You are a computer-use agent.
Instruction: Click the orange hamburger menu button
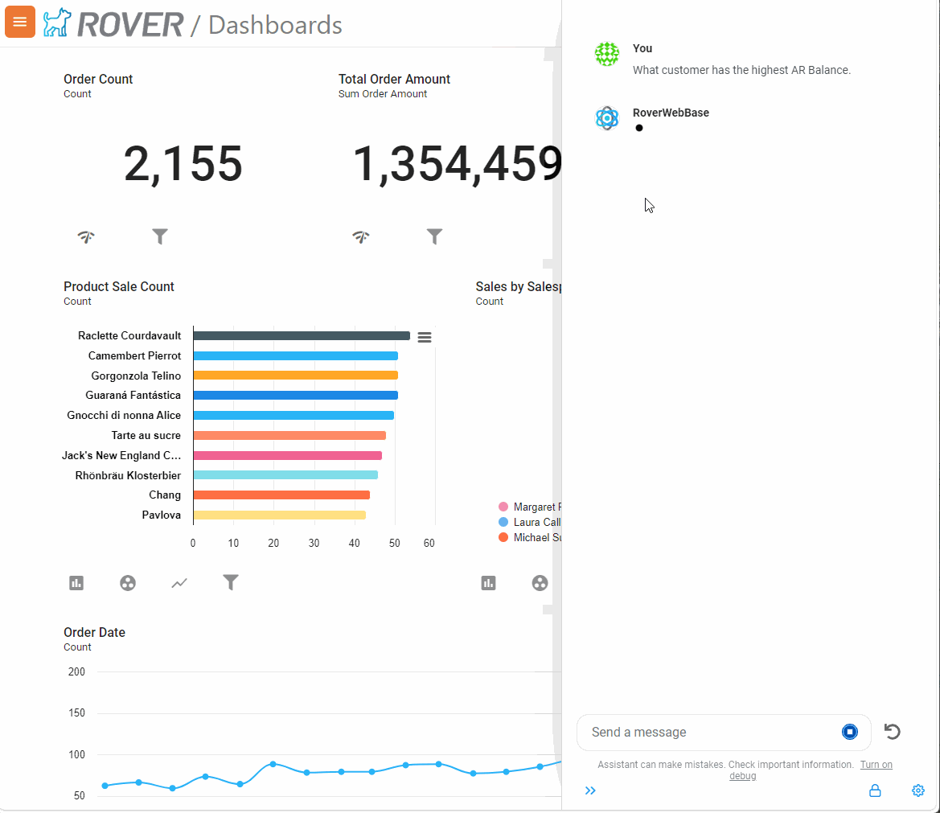coord(20,22)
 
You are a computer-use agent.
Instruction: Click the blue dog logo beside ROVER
coord(57,23)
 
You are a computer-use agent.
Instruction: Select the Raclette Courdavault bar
coord(301,336)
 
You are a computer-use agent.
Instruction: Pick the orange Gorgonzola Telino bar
coord(295,376)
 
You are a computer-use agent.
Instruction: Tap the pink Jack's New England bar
coord(287,455)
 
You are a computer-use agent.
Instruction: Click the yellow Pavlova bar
coord(279,515)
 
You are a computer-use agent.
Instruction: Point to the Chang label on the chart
coord(164,495)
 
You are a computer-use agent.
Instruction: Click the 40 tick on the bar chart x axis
coord(355,544)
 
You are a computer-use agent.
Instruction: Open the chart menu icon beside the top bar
coord(425,338)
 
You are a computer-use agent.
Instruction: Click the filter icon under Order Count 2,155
coord(160,236)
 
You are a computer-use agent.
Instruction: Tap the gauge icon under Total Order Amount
coord(361,236)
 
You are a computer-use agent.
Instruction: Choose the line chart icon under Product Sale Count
coord(179,583)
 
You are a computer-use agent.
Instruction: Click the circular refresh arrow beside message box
coord(892,732)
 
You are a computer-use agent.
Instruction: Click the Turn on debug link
coord(875,765)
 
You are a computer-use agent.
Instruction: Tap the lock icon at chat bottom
coord(875,790)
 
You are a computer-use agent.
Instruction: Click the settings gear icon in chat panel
coord(918,790)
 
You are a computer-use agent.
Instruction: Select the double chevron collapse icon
coord(590,790)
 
